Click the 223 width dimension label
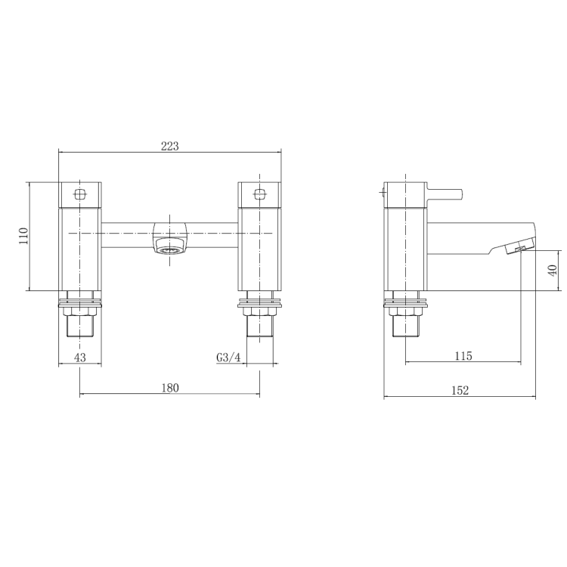click(x=169, y=146)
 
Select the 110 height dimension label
click(x=23, y=236)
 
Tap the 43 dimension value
click(x=79, y=357)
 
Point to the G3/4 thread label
click(x=228, y=357)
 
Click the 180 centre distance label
click(x=169, y=388)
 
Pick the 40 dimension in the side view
click(x=552, y=270)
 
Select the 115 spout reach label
click(x=463, y=356)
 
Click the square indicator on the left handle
click(x=79, y=192)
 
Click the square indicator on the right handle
click(x=259, y=192)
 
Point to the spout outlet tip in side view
click(x=520, y=249)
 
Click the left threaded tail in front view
click(x=79, y=325)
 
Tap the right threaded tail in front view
click(x=259, y=325)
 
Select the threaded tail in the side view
click(x=406, y=325)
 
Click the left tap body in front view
click(x=79, y=249)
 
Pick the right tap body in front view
click(x=259, y=249)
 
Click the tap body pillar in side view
click(x=405, y=249)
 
